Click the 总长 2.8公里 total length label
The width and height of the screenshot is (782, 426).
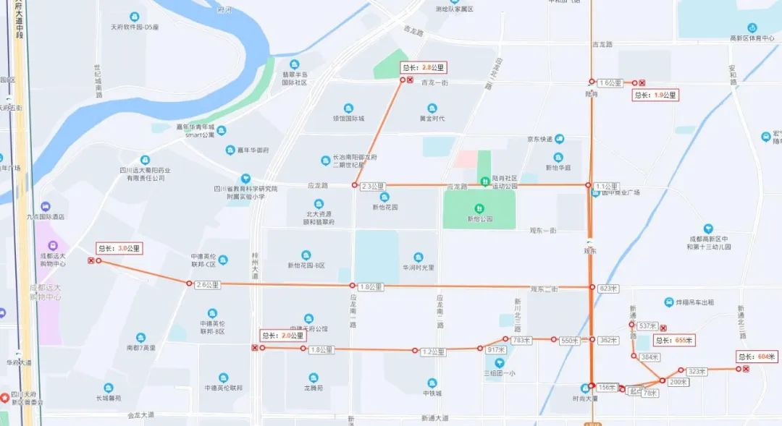424,67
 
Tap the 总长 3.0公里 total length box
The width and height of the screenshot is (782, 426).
119,248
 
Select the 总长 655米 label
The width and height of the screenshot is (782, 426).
673,340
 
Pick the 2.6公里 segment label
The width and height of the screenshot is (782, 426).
208,285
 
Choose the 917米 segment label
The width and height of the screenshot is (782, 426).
496,349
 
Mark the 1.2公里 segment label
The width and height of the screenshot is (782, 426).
432,352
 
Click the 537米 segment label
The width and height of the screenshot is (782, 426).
647,325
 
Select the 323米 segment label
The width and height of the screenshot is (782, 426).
696,371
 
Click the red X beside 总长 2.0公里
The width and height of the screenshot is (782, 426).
254,348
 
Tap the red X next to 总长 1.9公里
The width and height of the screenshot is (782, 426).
642,83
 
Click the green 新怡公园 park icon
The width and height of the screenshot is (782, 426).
479,208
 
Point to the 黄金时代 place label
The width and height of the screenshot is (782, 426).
432,119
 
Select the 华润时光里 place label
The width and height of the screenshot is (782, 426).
418,267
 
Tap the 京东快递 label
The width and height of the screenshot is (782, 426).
539,140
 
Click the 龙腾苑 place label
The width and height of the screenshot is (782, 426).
314,388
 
